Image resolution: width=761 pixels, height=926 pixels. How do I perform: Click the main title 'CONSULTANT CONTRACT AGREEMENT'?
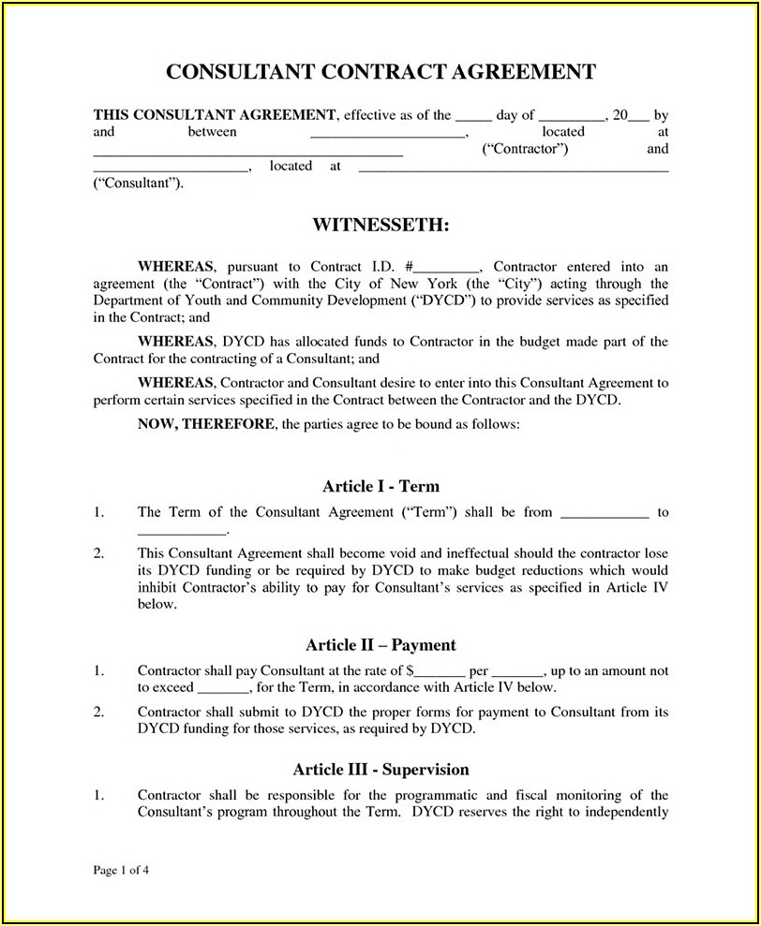tap(380, 71)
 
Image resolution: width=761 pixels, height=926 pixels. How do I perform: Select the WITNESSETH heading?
tap(380, 226)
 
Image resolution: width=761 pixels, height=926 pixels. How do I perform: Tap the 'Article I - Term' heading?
tap(380, 486)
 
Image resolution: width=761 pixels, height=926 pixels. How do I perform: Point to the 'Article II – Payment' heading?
tap(380, 645)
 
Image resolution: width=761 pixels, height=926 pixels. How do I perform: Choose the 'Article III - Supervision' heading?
tap(380, 770)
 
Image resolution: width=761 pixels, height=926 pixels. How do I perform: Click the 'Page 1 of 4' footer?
tap(122, 870)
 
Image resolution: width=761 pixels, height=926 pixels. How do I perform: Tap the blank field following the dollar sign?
tap(440, 671)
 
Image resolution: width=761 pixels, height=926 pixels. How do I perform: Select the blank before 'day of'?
tap(473, 117)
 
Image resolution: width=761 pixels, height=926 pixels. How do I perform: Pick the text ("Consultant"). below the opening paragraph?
tap(139, 183)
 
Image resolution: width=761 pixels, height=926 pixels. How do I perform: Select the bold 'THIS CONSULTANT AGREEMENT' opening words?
tap(215, 115)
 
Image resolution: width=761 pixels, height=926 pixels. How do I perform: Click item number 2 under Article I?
tap(98, 554)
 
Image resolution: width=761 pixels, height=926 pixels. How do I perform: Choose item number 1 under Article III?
tap(98, 796)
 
